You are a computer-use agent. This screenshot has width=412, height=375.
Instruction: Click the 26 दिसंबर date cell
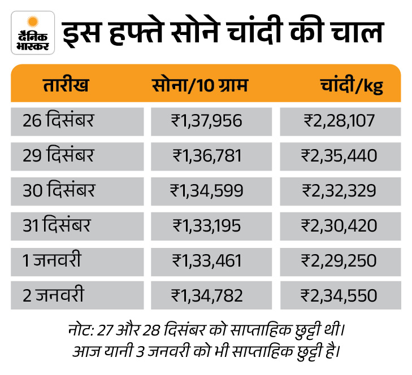coord(59,120)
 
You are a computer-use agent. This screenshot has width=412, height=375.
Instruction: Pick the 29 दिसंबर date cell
coord(59,155)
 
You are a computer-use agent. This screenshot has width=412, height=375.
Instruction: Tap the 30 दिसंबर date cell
coord(59,190)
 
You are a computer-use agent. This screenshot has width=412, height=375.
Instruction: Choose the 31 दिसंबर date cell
coord(57,225)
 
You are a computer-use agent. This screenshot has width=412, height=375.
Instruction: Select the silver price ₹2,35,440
coord(340,155)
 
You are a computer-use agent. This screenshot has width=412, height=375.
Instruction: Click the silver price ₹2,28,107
coord(340,120)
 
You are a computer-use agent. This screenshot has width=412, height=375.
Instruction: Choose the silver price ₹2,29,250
coord(340,260)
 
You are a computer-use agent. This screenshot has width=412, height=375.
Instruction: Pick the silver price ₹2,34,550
coord(340,295)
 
